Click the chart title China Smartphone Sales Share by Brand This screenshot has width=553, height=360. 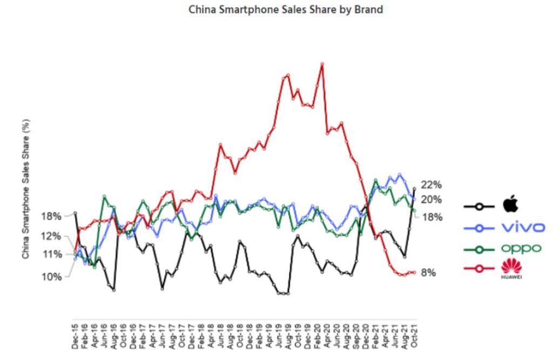tap(286, 10)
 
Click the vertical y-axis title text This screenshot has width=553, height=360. tap(26, 188)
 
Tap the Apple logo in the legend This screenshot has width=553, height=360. tap(510, 205)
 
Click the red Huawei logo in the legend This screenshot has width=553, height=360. tap(509, 268)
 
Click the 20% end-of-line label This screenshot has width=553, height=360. tap(432, 200)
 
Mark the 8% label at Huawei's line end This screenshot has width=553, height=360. tap(428, 273)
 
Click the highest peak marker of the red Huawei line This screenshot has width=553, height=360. tap(322, 64)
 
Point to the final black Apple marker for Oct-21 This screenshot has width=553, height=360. tap(414, 188)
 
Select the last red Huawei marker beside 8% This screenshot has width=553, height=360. tap(414, 273)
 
